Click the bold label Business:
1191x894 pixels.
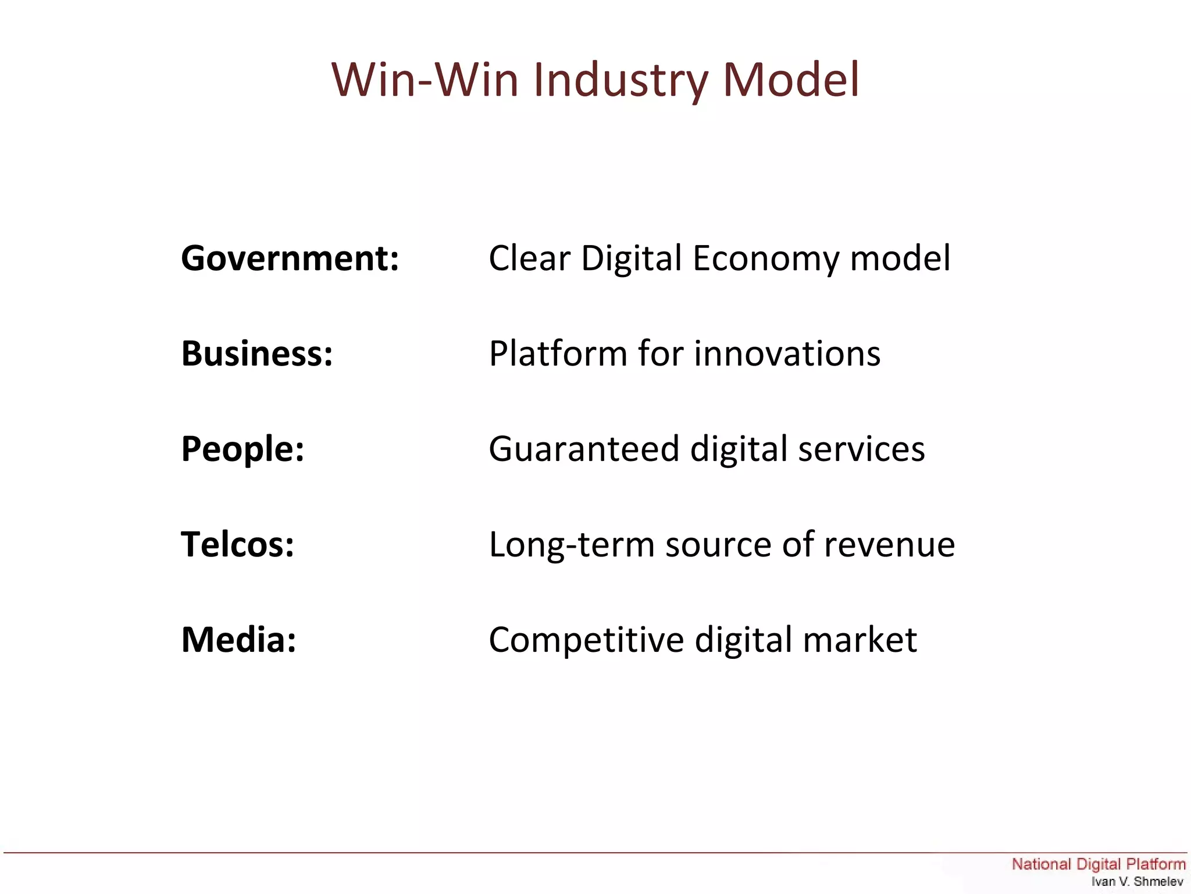257,353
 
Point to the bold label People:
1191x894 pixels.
243,449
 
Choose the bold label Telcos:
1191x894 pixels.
237,544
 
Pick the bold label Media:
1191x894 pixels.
238,640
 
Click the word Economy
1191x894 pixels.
765,259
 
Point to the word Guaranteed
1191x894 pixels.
584,449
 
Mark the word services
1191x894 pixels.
861,449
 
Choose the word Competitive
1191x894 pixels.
586,640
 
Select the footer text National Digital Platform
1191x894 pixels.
1098,864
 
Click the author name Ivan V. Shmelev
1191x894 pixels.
1137,882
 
